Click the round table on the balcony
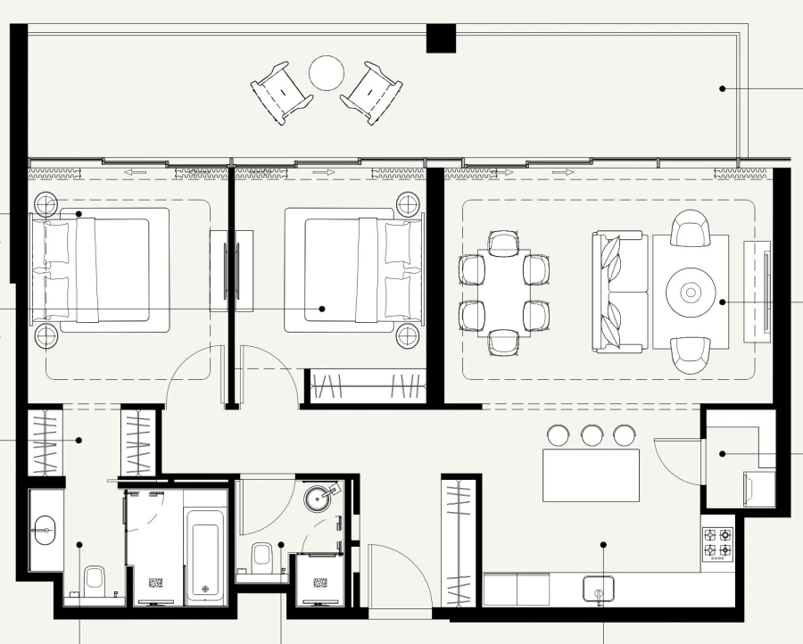point(327,72)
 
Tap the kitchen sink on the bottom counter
point(599,589)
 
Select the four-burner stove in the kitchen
point(718,545)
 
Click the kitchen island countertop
point(591,475)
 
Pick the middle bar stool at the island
point(592,435)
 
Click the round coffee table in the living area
point(691,292)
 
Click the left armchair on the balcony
point(281,92)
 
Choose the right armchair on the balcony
point(372,92)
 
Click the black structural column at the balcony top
point(441,38)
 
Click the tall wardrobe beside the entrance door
point(459,544)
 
